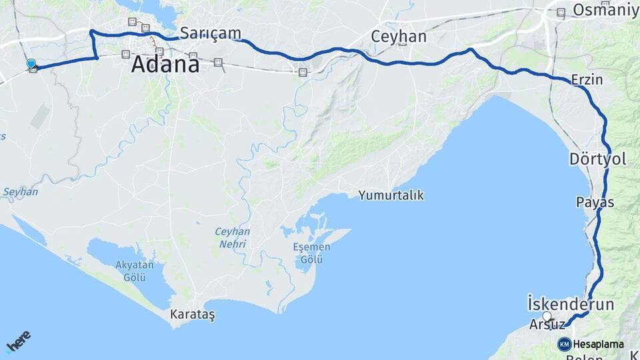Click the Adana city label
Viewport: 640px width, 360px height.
165,65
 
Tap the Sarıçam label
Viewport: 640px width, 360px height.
210,33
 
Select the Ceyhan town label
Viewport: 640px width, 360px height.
399,37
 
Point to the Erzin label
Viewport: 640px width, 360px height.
587,80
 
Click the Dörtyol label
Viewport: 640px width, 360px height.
597,159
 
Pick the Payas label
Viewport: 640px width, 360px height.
595,201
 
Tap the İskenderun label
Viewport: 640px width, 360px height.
570,304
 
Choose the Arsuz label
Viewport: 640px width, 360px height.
547,325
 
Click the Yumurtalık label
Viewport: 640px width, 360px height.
391,195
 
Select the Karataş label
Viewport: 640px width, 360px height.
193,313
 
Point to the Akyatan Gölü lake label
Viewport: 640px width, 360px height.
135,271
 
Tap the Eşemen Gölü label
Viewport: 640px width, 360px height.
311,253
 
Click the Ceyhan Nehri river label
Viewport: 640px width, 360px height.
232,238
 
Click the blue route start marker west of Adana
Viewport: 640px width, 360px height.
31,64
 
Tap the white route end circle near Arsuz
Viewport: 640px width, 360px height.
547,316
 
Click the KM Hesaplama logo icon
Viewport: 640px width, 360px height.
564,344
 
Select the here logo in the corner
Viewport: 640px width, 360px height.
19,341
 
